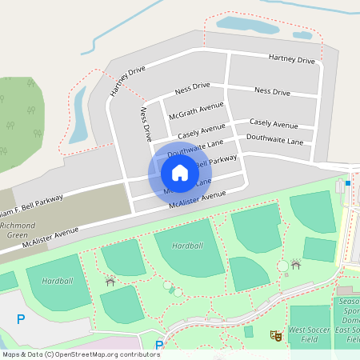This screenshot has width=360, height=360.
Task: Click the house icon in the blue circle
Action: coord(179,172)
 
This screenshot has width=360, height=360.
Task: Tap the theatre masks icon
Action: coord(277,336)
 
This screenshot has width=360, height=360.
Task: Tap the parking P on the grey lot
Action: coord(20,319)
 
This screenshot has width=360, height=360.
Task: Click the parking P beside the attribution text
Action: coord(158,346)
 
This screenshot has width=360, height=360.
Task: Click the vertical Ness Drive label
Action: coord(146,124)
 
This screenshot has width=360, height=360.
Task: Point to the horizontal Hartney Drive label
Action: coord(292,58)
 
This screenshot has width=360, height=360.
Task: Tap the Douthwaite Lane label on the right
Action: coord(274,140)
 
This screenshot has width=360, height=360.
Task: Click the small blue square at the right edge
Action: coord(348,183)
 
